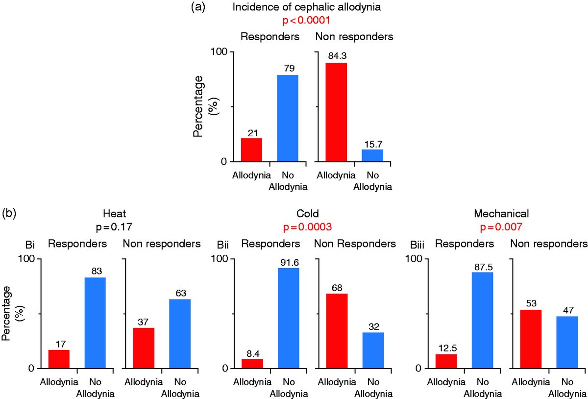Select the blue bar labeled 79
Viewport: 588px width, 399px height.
point(288,118)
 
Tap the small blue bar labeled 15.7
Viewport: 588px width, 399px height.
point(372,155)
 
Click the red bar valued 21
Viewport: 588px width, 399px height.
point(251,150)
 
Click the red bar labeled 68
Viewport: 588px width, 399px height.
point(337,331)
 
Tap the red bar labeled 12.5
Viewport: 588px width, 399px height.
point(446,361)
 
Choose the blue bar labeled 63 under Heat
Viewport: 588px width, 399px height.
point(180,333)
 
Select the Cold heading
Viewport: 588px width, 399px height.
point(308,214)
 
